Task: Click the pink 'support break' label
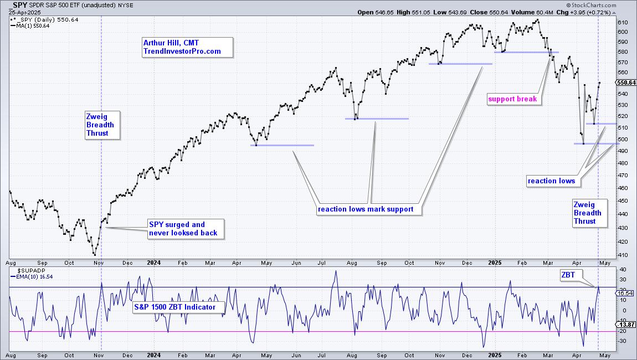(x=512, y=99)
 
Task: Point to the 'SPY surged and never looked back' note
(x=186, y=229)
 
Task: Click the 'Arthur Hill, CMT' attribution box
(x=186, y=47)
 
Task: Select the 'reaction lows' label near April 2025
(x=551, y=181)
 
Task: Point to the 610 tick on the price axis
(x=623, y=22)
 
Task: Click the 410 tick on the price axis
(x=623, y=255)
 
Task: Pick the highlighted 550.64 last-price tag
(x=625, y=83)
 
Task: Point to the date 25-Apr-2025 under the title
(x=20, y=12)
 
